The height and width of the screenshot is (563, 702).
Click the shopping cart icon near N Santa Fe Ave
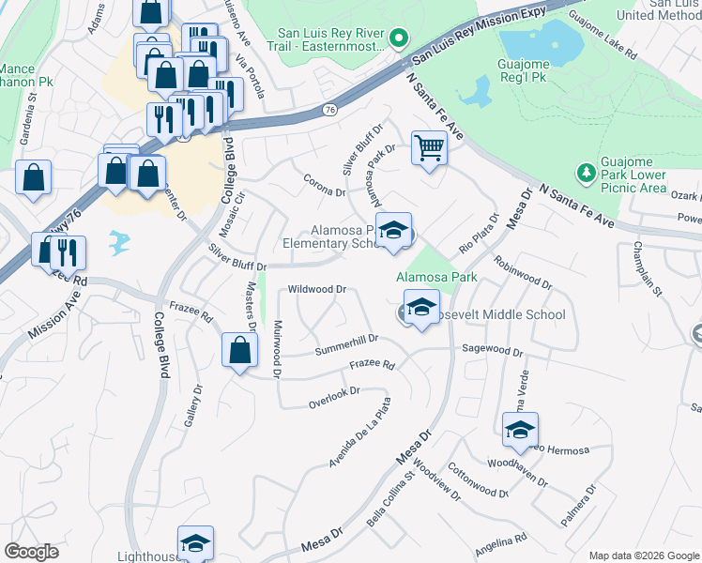pos(429,147)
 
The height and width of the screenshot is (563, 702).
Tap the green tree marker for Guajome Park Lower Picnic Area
pos(586,173)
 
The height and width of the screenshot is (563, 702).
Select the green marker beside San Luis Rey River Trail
pos(398,38)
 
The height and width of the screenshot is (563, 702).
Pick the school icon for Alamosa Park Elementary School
pos(394,231)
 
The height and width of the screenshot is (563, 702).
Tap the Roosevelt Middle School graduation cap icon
pos(421,308)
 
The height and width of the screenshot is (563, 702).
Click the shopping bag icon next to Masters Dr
pos(239,351)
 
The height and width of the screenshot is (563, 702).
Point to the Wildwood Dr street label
pos(317,290)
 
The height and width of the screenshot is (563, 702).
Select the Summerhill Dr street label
pos(345,343)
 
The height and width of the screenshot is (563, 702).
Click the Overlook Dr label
pos(334,398)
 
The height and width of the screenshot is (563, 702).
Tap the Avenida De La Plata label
pos(359,434)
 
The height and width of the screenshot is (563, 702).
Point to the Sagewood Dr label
pos(491,350)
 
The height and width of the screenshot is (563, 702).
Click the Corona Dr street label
pos(325,184)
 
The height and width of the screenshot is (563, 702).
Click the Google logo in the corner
pos(32,551)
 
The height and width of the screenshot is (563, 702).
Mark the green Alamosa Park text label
pos(436,277)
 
